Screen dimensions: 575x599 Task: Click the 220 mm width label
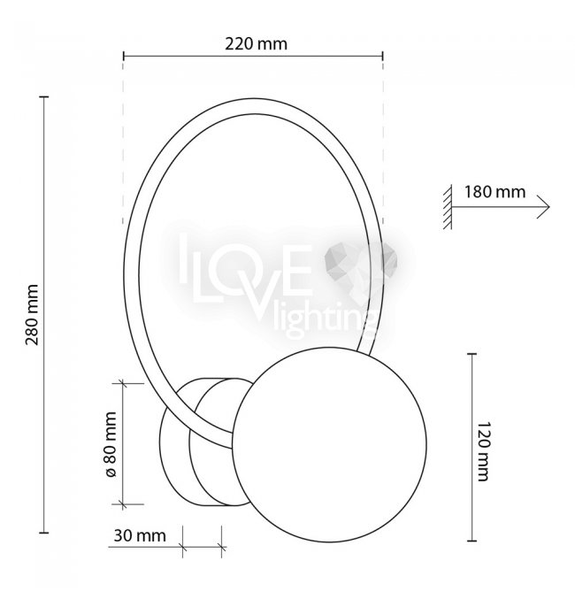256,44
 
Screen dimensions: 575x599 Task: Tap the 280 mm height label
32,314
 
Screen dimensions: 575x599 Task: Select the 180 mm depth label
494,191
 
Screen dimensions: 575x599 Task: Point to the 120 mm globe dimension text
483,451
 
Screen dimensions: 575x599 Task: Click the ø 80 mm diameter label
110,445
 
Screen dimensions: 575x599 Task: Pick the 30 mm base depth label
140,535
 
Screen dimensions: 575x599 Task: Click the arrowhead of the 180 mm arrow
545,207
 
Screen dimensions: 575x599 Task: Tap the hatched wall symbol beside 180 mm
448,207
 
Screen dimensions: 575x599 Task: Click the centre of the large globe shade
329,445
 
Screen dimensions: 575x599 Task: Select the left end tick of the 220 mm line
124,56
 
